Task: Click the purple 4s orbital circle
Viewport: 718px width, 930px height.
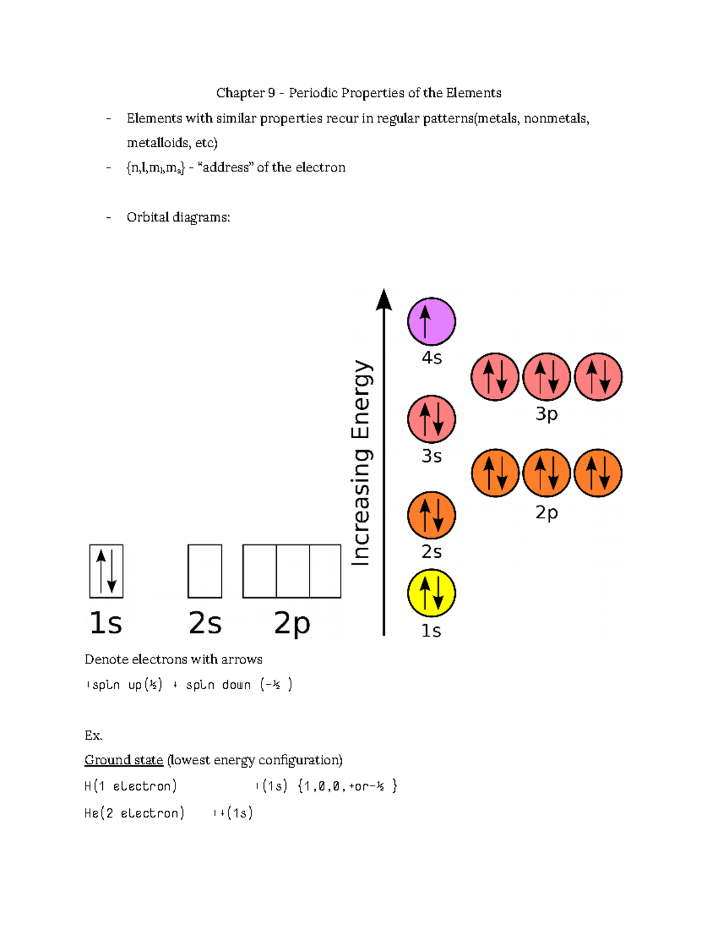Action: [x=431, y=322]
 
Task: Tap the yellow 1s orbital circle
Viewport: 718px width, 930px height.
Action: [x=431, y=593]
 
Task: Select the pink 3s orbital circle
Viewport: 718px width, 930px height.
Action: [x=431, y=419]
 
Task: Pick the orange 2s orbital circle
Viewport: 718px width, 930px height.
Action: [x=431, y=515]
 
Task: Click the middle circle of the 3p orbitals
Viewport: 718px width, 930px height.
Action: [x=546, y=377]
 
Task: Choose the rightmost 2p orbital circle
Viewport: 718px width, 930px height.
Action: [x=598, y=473]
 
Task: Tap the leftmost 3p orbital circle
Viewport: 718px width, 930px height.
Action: [x=495, y=377]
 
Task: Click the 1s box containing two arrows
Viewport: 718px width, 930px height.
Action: [x=107, y=571]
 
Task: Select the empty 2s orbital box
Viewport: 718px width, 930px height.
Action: [x=205, y=571]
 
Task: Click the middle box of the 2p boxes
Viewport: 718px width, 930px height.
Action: [x=293, y=571]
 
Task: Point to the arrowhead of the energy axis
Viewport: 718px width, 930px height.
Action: [x=384, y=299]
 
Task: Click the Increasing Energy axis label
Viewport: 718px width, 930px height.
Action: [x=361, y=462]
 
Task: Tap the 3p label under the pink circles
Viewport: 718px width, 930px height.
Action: [x=546, y=414]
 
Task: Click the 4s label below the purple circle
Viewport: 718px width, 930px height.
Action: [x=431, y=358]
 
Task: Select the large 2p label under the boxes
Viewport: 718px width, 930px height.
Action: [x=292, y=623]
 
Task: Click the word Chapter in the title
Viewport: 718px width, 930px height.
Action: [x=241, y=93]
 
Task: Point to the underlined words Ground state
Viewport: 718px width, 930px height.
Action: [x=124, y=760]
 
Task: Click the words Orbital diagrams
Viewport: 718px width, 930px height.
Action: [x=178, y=217]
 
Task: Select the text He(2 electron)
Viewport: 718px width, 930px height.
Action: [x=134, y=813]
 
